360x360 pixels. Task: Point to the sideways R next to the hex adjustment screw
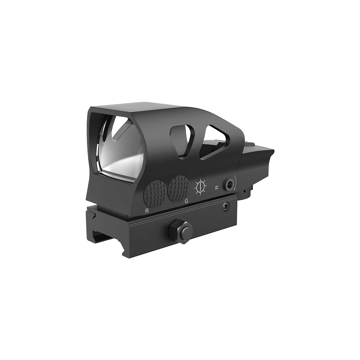[x=217, y=187]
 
